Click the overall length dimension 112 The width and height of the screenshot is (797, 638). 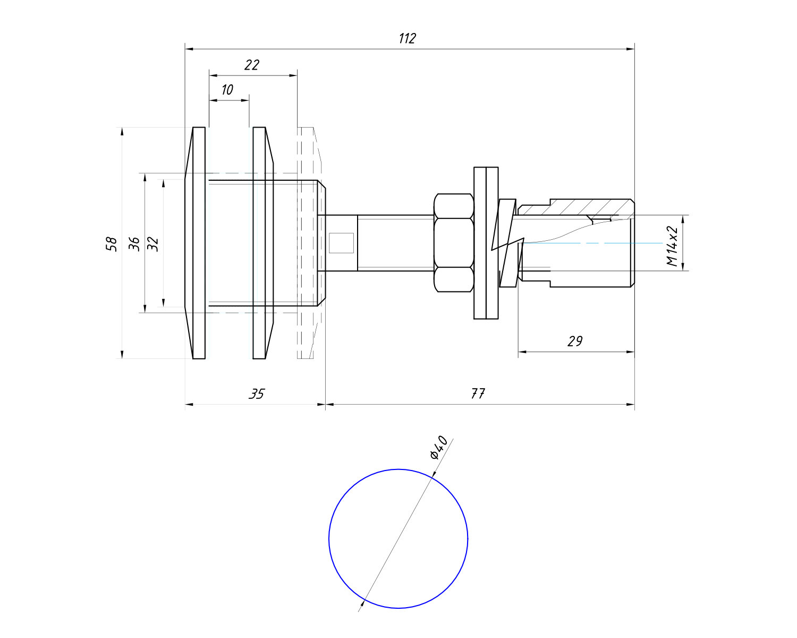(407, 39)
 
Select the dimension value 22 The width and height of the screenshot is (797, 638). (251, 65)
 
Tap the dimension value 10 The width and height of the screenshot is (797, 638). (227, 90)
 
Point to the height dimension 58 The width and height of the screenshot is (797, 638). (112, 244)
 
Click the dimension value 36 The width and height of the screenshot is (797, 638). (134, 244)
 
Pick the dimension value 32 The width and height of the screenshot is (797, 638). (153, 244)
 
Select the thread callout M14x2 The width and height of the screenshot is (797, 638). (672, 246)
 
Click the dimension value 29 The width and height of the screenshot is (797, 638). (575, 341)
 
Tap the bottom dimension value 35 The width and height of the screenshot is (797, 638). (257, 394)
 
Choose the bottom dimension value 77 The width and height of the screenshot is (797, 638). (478, 394)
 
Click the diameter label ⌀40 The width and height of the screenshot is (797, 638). (439, 448)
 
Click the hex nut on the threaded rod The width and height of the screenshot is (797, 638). (454, 242)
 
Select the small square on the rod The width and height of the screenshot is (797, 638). (341, 243)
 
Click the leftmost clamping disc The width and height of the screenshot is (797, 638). (198, 243)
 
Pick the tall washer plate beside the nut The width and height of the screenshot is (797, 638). (486, 243)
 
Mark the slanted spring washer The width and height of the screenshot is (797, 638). (507, 243)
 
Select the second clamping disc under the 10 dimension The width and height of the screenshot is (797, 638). (259, 243)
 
